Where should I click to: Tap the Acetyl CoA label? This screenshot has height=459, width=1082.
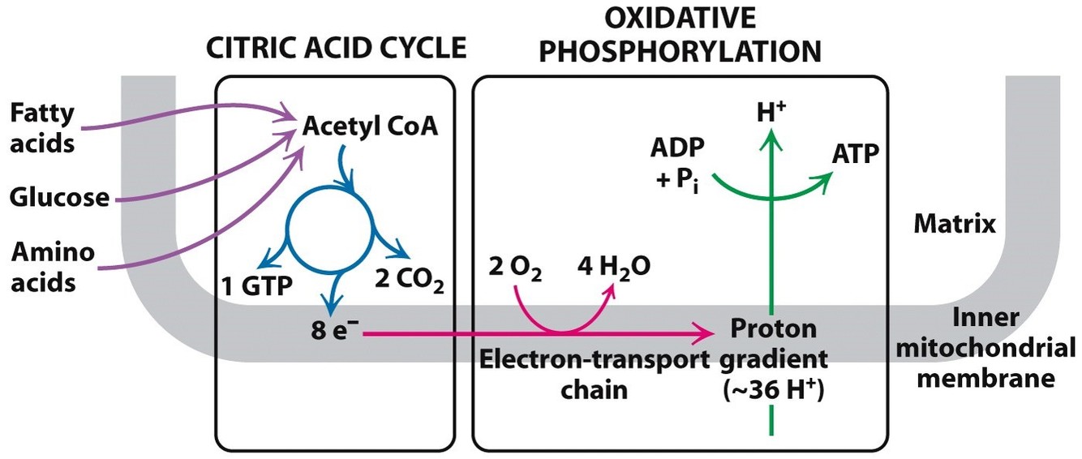coord(370,127)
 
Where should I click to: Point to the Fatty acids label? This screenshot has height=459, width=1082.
coord(43,127)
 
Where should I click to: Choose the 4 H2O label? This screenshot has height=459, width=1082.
coord(612,266)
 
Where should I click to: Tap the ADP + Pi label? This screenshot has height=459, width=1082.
coord(676,164)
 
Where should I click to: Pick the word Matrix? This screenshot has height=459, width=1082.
coord(955,224)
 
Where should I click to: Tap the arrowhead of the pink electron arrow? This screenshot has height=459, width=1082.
coord(714,331)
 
